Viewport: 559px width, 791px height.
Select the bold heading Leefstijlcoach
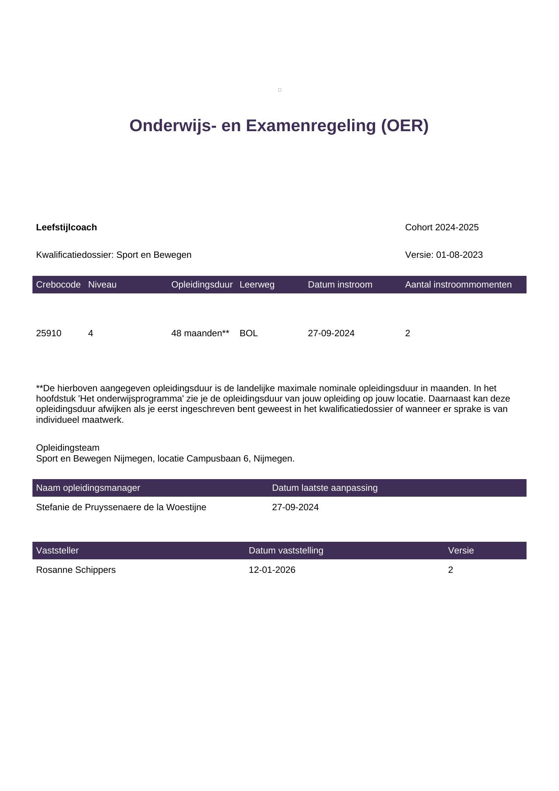tap(66, 227)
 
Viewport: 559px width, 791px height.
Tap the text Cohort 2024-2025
tap(441, 227)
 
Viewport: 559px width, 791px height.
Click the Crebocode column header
tap(58, 284)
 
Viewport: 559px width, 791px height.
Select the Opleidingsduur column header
tap(202, 284)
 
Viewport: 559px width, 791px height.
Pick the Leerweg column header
tap(257, 284)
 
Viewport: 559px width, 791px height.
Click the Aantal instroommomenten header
tap(458, 284)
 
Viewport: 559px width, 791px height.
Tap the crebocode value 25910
tap(49, 333)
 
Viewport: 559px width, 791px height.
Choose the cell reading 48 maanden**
tap(200, 333)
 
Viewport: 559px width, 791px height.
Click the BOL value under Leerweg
tap(248, 333)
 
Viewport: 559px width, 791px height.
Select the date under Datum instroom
tap(331, 333)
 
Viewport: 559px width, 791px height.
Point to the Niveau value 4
tap(91, 333)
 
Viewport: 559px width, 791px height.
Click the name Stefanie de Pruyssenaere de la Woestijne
tap(121, 507)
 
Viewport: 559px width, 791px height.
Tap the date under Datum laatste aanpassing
tap(295, 507)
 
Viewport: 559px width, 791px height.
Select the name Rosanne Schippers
tap(76, 570)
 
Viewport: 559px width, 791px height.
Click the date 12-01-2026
tap(272, 570)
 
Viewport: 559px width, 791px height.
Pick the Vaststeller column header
tap(57, 550)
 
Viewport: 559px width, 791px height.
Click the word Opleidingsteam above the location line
tap(68, 448)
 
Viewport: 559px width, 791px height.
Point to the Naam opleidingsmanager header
tap(88, 488)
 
